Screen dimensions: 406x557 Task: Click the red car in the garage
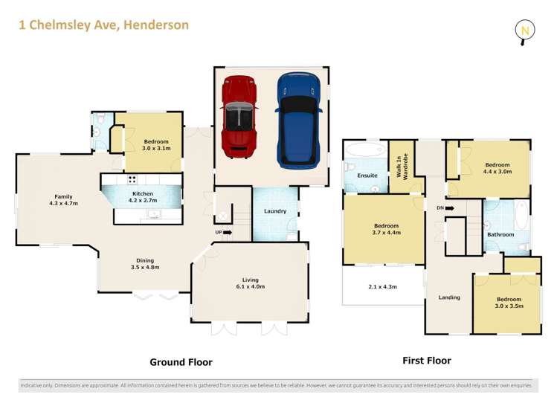(x=239, y=117)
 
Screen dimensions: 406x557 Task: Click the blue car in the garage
(x=298, y=119)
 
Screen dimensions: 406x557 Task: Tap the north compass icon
(x=525, y=30)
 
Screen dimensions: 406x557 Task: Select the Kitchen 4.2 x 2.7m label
(x=144, y=196)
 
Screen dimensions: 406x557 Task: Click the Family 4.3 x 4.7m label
(x=63, y=199)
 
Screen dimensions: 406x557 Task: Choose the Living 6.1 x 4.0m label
(x=249, y=283)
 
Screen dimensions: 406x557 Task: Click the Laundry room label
(x=274, y=211)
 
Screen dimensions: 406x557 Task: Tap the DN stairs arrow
(x=445, y=208)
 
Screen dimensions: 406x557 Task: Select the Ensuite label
(x=367, y=175)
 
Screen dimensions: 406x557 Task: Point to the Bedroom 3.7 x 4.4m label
(x=386, y=229)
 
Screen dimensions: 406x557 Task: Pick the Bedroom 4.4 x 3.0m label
(x=498, y=168)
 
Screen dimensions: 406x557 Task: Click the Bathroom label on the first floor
(x=500, y=234)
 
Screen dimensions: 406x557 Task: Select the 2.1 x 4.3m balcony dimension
(x=383, y=286)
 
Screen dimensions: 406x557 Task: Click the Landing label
(x=449, y=297)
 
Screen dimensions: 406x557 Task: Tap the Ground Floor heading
(x=181, y=362)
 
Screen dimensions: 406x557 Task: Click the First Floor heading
(x=427, y=361)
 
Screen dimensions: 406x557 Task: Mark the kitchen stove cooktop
(x=132, y=179)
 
